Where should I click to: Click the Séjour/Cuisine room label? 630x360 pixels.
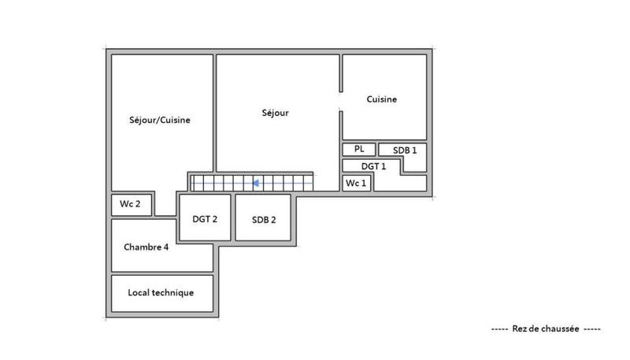click(x=161, y=121)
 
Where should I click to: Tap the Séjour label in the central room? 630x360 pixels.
click(x=276, y=113)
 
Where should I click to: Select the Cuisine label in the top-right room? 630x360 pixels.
click(x=382, y=99)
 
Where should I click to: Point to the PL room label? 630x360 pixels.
click(x=359, y=148)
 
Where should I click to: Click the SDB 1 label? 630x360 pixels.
click(x=404, y=149)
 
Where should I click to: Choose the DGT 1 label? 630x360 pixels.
click(x=373, y=166)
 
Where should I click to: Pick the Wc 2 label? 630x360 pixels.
click(x=130, y=204)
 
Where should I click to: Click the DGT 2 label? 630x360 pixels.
click(x=205, y=219)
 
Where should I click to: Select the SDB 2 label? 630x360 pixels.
click(x=264, y=219)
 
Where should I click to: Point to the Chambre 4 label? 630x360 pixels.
click(x=146, y=247)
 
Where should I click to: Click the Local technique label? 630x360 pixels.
click(x=161, y=292)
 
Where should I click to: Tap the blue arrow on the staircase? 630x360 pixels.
click(x=256, y=183)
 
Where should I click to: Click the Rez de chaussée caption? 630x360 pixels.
click(x=545, y=328)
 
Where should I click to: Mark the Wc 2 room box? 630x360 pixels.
click(x=132, y=205)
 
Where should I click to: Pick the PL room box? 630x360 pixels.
click(x=358, y=149)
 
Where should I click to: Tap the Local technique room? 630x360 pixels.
click(x=161, y=293)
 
